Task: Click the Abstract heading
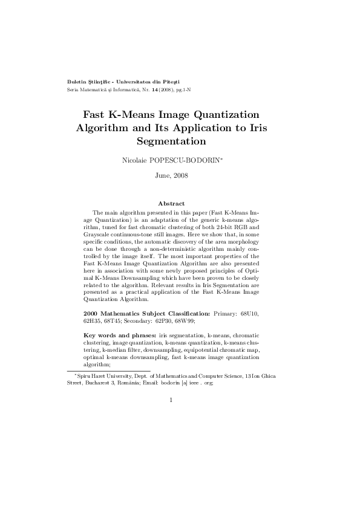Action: point(171,204)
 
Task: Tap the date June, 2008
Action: point(172,176)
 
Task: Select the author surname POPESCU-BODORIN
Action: point(192,160)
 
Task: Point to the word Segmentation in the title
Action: point(172,141)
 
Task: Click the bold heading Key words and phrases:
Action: point(120,334)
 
